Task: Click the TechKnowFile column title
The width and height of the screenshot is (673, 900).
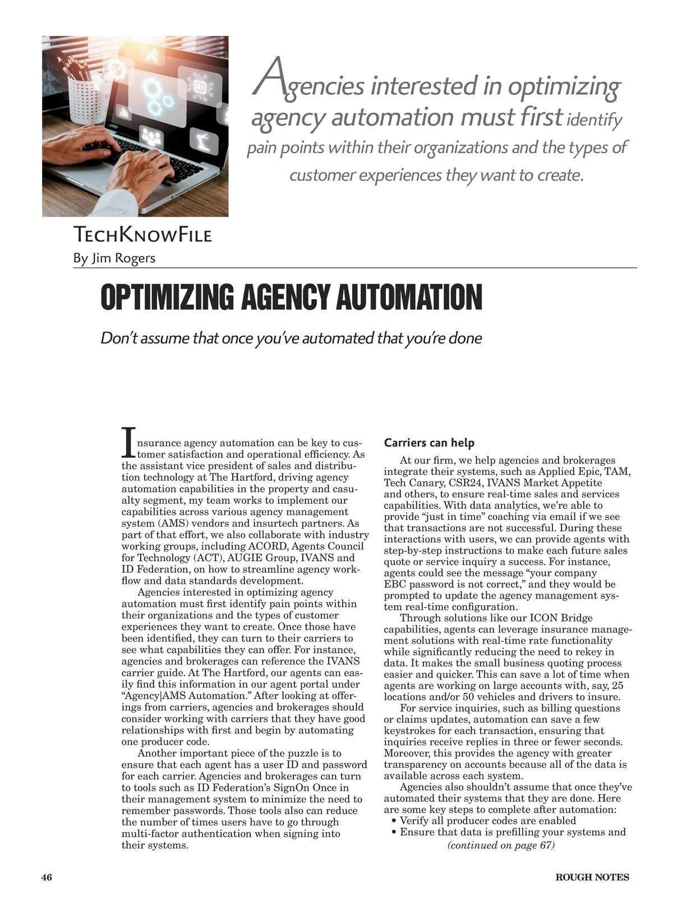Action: [x=142, y=235]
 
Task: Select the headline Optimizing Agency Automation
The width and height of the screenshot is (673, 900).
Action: [x=291, y=297]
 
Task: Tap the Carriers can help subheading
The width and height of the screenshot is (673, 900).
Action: [x=429, y=443]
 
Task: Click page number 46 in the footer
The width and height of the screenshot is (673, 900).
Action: [x=47, y=877]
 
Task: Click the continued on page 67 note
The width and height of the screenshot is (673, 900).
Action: [x=501, y=845]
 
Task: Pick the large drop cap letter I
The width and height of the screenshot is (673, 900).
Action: [x=128, y=442]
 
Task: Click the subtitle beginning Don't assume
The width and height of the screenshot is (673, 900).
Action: [x=291, y=338]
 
